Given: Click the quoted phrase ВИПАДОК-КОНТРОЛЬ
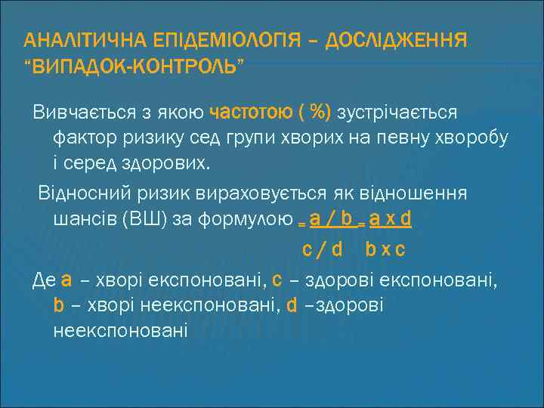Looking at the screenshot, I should (x=134, y=70).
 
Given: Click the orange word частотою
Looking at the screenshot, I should (x=252, y=113).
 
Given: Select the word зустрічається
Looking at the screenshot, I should (x=397, y=113).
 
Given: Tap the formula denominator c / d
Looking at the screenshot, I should (x=323, y=248).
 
